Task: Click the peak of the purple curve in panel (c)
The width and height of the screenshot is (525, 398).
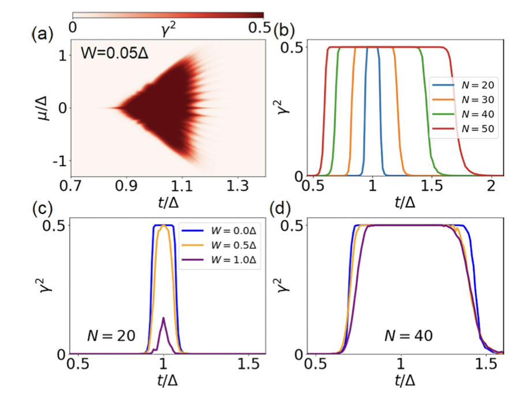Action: click(x=164, y=318)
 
